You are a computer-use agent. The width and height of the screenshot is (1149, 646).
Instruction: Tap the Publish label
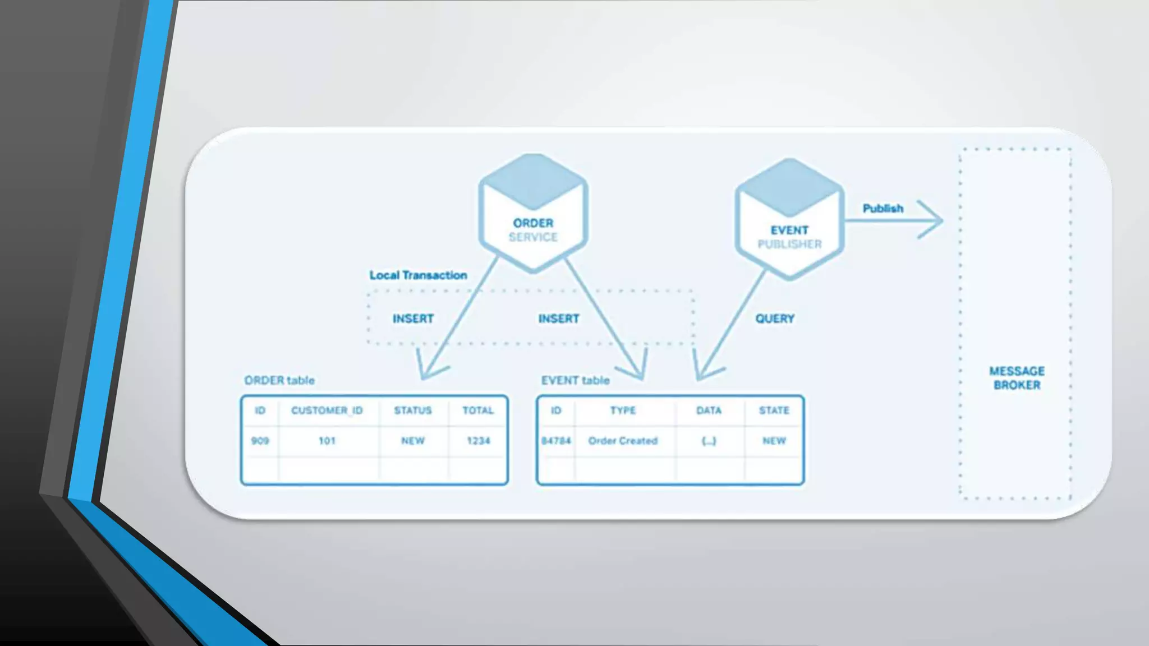(883, 209)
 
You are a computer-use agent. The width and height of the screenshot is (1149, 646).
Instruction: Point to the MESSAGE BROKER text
(1017, 378)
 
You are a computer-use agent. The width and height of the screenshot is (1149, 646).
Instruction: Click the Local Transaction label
(418, 275)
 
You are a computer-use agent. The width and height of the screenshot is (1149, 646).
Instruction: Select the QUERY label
(775, 319)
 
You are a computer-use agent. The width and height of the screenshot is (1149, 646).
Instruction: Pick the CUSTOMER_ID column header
(327, 410)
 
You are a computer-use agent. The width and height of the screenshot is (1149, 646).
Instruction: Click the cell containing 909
(260, 441)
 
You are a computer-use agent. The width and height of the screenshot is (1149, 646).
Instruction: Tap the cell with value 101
(327, 441)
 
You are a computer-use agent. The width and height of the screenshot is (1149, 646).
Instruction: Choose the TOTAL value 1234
(478, 441)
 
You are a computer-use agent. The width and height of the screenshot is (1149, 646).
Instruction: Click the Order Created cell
(623, 441)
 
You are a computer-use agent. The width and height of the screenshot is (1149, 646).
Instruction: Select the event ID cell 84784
(555, 441)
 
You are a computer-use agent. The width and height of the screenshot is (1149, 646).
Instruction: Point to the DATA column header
(709, 410)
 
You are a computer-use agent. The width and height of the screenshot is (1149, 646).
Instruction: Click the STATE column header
(774, 410)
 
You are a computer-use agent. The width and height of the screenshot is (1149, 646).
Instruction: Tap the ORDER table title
(279, 380)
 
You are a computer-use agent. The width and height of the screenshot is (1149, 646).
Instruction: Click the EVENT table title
(575, 380)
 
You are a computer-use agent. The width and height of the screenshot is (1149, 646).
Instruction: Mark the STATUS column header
(413, 410)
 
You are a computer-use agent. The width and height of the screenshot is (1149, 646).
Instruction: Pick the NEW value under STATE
(774, 441)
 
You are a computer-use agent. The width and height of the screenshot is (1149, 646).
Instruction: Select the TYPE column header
(623, 410)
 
